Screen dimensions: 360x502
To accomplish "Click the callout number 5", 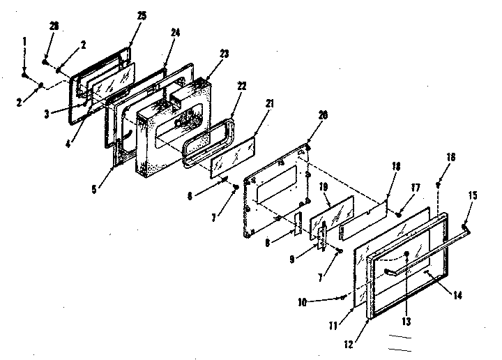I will tap(100, 187).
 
